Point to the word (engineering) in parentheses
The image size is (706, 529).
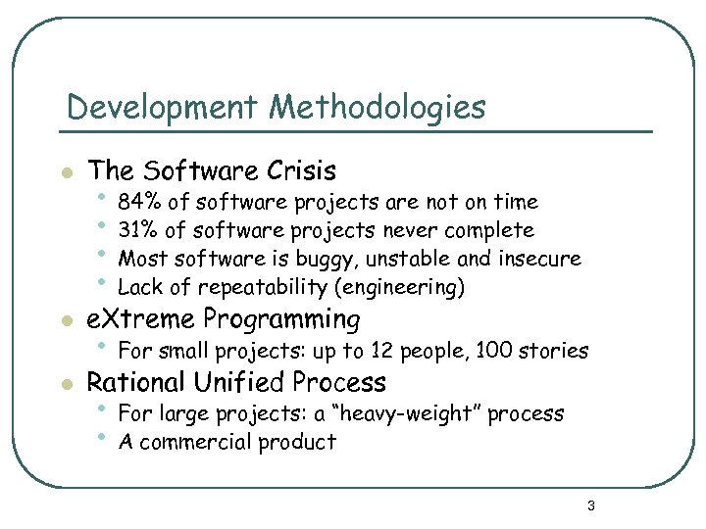coord(399,288)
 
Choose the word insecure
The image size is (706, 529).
coord(541,260)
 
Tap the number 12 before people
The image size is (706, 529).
coord(394,351)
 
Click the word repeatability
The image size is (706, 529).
coord(264,288)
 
